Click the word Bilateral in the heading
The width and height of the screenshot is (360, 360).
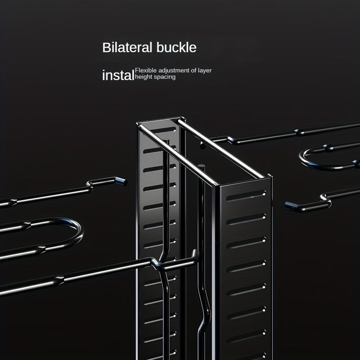coord(127,48)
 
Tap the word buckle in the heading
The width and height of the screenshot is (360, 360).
coord(176,48)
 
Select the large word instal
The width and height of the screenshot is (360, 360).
coord(118,75)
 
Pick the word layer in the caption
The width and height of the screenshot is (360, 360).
coord(205,71)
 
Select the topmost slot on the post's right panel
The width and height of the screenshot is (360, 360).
coord(246,195)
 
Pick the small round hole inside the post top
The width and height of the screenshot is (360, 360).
coord(202,145)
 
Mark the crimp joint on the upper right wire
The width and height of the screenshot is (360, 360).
coord(299,132)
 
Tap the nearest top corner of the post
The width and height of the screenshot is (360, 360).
coord(217,185)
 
